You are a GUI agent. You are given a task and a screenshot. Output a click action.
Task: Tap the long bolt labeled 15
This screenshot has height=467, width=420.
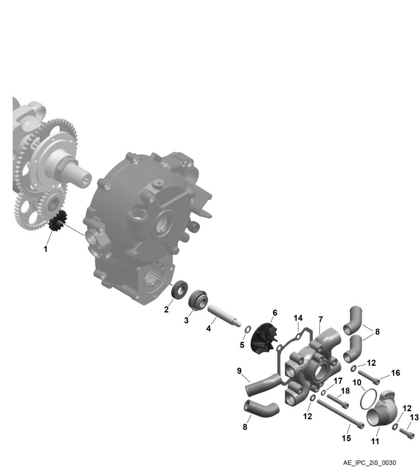340,413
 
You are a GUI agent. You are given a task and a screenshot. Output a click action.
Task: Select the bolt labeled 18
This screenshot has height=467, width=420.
338,400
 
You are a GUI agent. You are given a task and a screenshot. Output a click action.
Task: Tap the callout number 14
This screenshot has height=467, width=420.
298,318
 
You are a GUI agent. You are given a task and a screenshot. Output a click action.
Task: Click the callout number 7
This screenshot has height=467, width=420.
320,320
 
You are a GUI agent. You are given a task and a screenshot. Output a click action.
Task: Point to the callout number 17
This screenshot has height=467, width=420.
338,381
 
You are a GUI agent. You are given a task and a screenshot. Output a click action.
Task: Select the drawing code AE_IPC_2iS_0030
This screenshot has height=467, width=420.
370,462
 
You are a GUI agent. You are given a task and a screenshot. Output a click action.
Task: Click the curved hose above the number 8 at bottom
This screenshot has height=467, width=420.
262,409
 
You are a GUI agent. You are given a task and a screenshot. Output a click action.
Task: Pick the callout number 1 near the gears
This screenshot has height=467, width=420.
45,249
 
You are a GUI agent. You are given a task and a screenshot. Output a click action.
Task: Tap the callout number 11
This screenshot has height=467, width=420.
375,441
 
